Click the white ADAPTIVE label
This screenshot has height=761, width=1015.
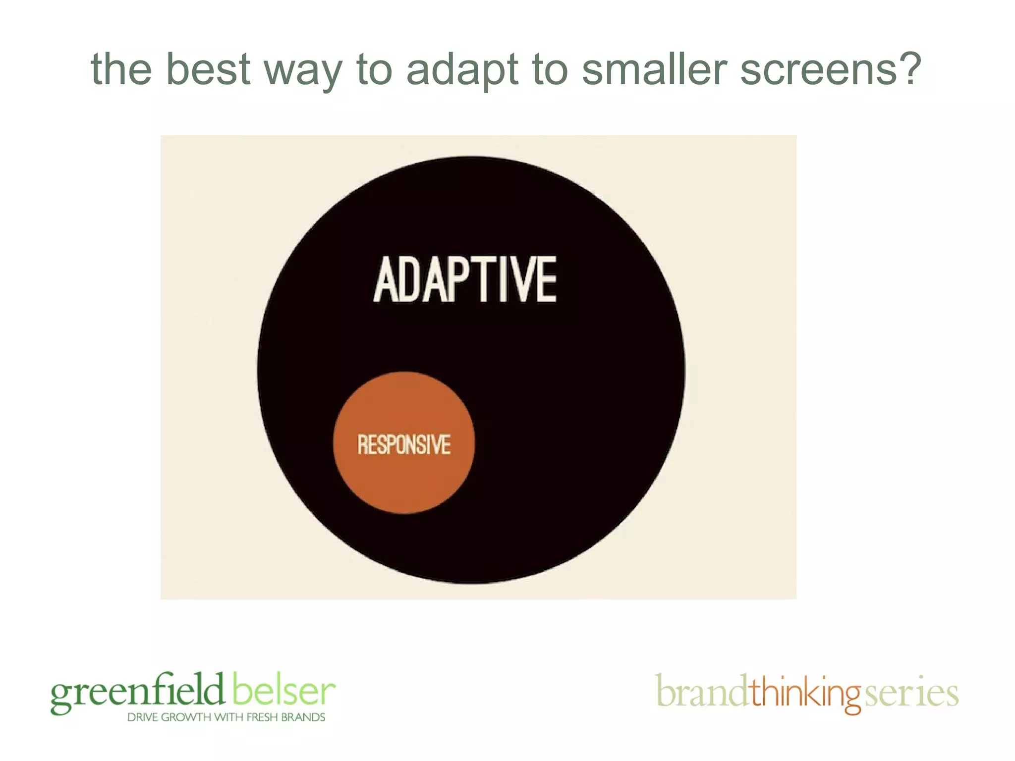pyautogui.click(x=465, y=280)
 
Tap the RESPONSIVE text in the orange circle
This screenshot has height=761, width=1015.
pyautogui.click(x=404, y=444)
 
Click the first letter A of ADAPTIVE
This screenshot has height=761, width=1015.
pyautogui.click(x=386, y=280)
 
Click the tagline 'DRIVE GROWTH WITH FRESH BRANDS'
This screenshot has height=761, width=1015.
pyautogui.click(x=226, y=717)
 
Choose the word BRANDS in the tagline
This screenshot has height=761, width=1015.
pyautogui.click(x=303, y=717)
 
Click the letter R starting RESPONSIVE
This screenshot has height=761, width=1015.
pyautogui.click(x=362, y=444)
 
